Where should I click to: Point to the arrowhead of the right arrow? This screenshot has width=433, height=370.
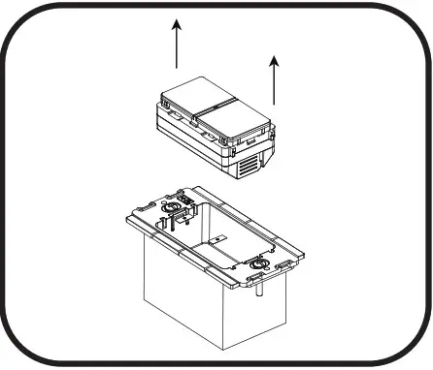(x=276, y=60)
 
